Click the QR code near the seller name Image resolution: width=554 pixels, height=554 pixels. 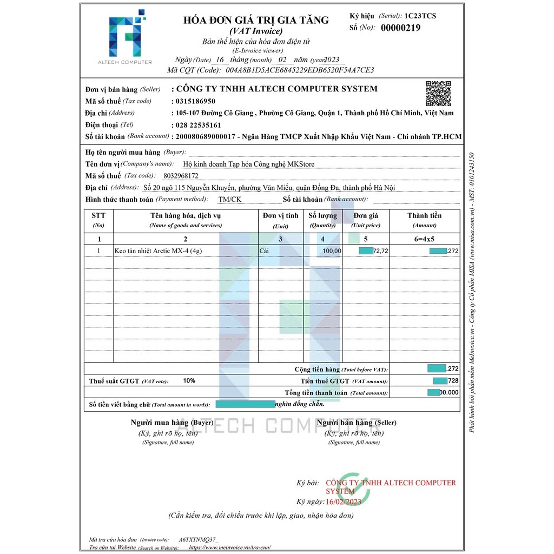(x=438, y=93)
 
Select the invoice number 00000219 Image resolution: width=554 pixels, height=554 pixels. (x=400, y=28)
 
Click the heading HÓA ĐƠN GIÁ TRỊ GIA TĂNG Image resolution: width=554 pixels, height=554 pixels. (x=256, y=20)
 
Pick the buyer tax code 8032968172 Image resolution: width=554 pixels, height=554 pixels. (x=181, y=176)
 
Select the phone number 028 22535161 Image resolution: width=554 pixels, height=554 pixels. (x=198, y=125)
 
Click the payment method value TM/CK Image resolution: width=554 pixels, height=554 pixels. (x=230, y=200)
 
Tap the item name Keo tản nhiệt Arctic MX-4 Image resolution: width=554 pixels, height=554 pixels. (x=159, y=251)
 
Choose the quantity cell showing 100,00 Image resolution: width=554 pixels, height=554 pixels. (x=332, y=251)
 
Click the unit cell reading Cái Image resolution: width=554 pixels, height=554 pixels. (x=265, y=251)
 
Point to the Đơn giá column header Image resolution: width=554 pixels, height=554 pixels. (x=366, y=215)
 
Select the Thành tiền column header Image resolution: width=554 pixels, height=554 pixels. (x=425, y=215)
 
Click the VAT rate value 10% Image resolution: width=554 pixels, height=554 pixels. (x=189, y=381)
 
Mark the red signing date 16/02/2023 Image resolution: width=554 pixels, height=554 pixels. (x=343, y=502)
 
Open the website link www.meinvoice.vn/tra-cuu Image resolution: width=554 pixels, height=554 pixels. (x=229, y=548)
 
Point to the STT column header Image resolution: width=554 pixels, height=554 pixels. (x=98, y=215)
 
